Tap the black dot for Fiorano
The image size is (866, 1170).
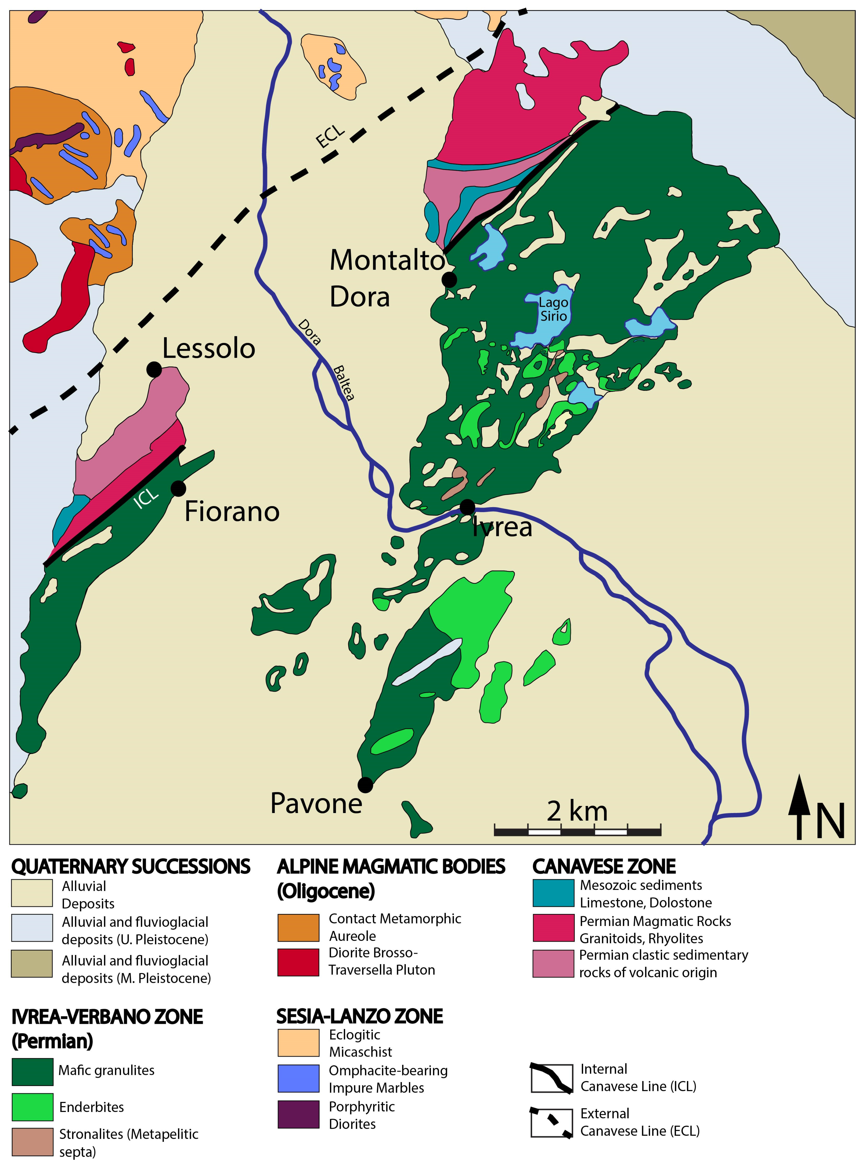178,488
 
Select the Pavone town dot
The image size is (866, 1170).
365,785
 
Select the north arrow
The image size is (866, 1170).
799,808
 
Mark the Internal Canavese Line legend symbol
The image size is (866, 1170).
551,1079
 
